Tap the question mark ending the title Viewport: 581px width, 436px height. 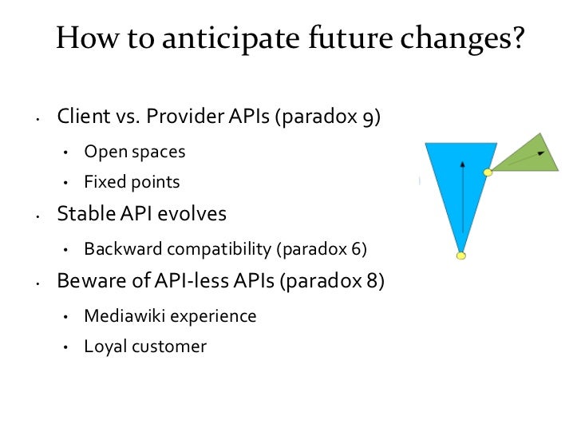(x=520, y=38)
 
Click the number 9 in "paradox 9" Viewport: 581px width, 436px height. (x=370, y=119)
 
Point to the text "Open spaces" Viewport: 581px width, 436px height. (x=135, y=151)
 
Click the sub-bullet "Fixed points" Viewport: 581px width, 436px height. (x=132, y=182)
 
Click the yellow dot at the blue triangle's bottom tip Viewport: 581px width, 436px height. (x=460, y=256)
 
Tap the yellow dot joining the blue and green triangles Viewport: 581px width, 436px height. (x=488, y=172)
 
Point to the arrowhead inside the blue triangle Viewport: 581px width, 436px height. (x=462, y=163)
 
